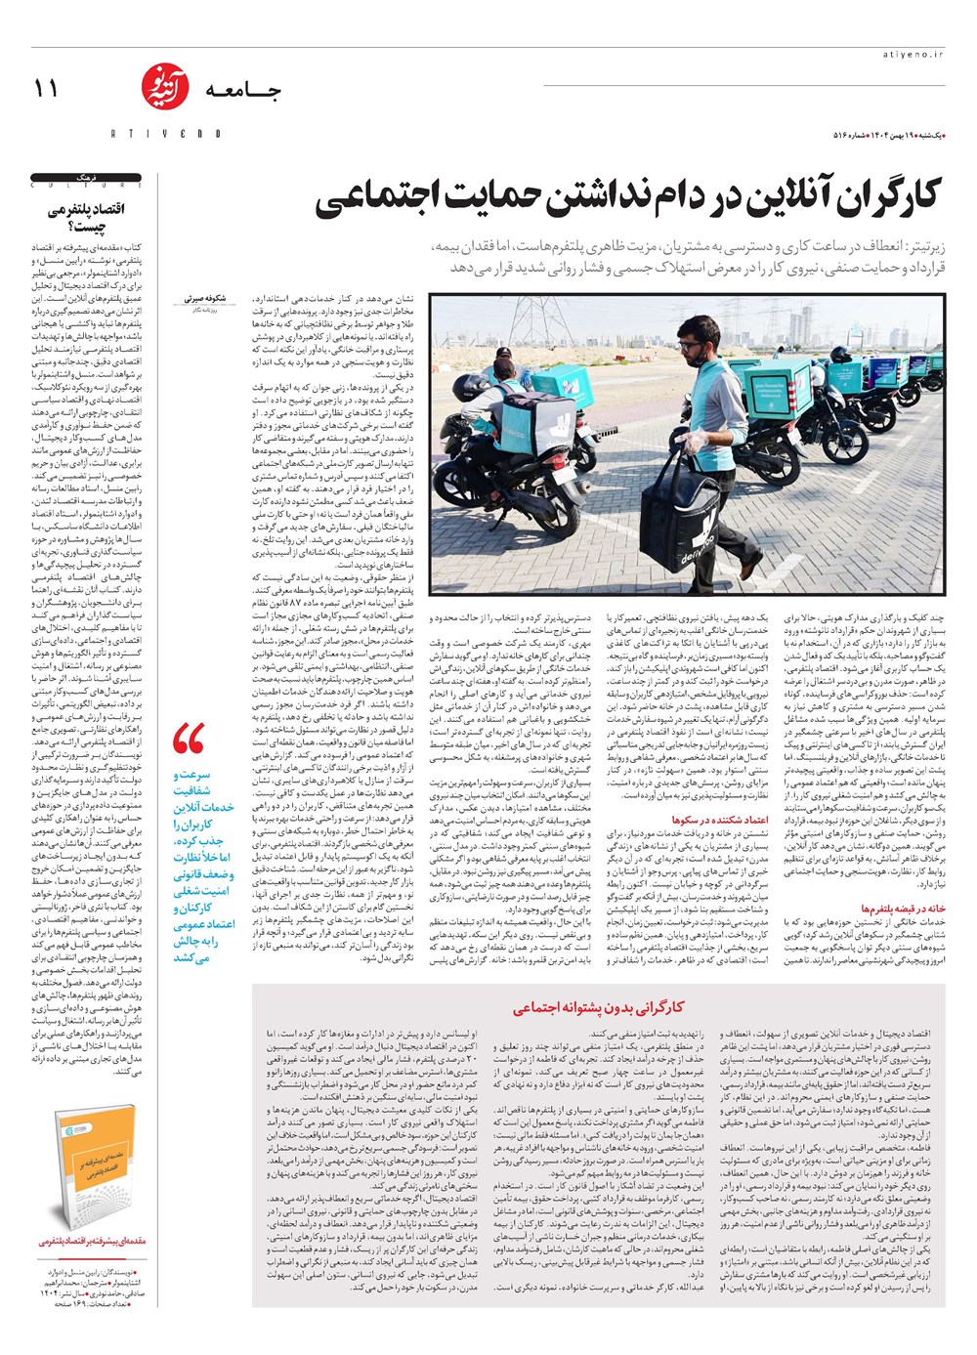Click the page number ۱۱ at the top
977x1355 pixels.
point(46,89)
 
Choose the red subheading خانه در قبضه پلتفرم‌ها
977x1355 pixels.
point(903,909)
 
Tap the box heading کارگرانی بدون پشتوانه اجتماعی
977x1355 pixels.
point(599,1007)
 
